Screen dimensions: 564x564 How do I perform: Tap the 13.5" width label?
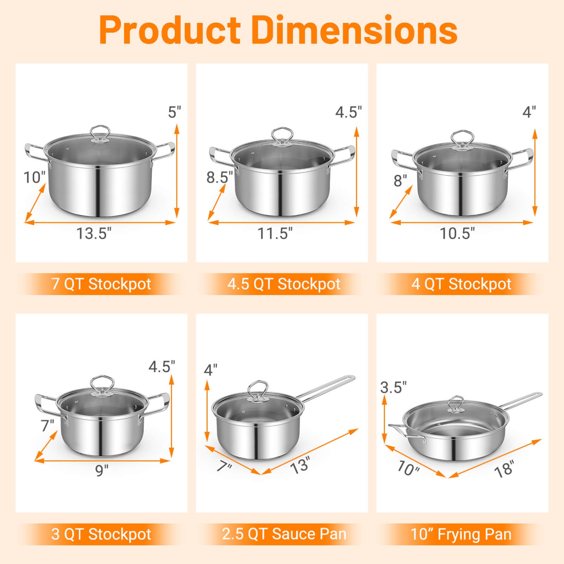click(94, 233)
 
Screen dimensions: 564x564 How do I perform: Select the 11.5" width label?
click(274, 233)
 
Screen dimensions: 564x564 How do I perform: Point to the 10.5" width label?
click(457, 233)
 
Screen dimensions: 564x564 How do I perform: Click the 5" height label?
click(174, 112)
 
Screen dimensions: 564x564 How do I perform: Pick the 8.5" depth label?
click(219, 177)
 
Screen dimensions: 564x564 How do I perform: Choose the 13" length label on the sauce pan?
click(300, 465)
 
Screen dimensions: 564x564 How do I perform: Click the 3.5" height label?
click(393, 387)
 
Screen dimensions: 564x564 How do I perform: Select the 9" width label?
click(102, 470)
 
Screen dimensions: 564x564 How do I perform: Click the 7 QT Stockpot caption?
click(101, 284)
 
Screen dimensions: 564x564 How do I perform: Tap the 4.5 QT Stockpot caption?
click(284, 284)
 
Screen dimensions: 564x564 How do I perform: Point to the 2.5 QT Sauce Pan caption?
click(284, 534)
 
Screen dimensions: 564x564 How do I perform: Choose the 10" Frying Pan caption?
click(461, 534)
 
